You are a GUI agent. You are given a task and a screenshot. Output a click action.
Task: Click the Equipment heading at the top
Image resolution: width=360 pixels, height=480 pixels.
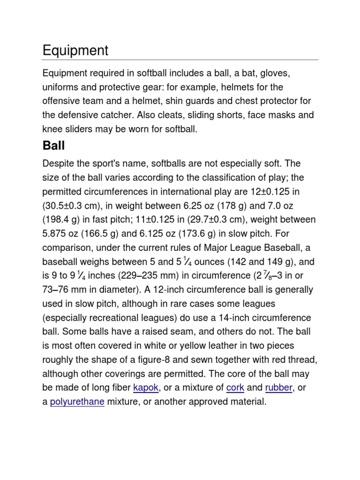[75, 51]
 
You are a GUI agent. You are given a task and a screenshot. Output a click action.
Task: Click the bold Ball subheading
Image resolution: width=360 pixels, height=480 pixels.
[53, 145]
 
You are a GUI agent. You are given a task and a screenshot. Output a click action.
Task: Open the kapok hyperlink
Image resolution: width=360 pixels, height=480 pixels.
[146, 388]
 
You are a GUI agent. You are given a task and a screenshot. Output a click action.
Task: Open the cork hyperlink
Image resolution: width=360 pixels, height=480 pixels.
[235, 388]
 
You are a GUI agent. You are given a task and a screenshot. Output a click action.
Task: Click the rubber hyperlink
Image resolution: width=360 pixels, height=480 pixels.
[278, 388]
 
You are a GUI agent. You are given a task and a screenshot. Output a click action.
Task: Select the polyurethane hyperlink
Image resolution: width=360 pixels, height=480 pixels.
[77, 402]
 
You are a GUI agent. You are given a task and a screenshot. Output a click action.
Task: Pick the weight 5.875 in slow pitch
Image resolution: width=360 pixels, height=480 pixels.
[56, 233]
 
